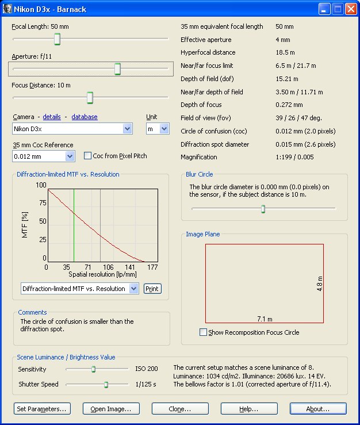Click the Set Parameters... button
[x=42, y=409]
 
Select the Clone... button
[x=180, y=409]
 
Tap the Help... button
[x=249, y=409]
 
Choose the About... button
[x=318, y=409]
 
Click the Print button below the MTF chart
[x=152, y=289]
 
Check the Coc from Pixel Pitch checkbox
[x=88, y=155]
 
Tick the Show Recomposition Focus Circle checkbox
[x=203, y=332]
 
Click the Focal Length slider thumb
[x=58, y=39]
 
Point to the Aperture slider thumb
[x=117, y=69]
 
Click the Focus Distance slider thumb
[x=90, y=98]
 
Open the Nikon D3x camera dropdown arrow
[x=128, y=129]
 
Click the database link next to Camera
[x=85, y=117]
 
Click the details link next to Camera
[x=52, y=117]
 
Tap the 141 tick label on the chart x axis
[x=131, y=267]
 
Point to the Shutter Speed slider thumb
[x=106, y=384]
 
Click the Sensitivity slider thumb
[x=93, y=369]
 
